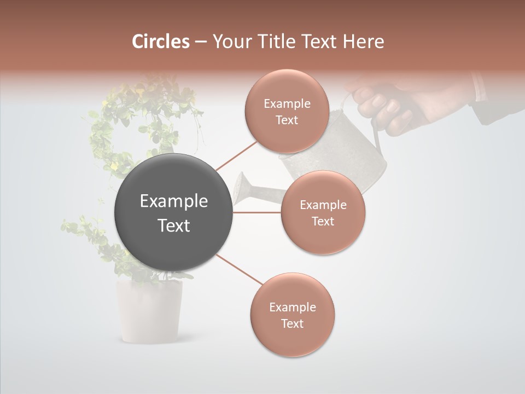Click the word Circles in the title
(161, 42)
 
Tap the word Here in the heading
(364, 42)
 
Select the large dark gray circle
(173, 213)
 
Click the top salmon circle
(287, 111)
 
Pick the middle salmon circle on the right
(323, 212)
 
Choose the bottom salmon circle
(292, 315)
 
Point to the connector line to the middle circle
(257, 212)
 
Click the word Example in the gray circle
(173, 201)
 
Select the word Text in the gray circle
(173, 225)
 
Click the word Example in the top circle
(287, 103)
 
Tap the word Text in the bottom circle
(292, 323)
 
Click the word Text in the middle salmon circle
(323, 221)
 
